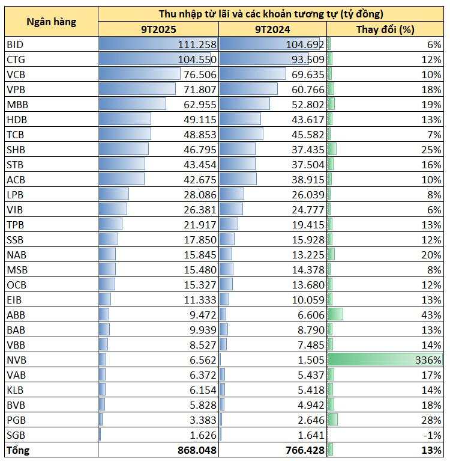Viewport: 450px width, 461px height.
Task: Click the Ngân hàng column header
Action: (51, 22)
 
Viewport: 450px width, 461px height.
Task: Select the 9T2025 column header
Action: (158, 29)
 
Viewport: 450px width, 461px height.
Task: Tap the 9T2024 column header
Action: (272, 29)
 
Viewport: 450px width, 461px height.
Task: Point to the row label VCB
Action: (16, 74)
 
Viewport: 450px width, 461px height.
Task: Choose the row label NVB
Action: (17, 359)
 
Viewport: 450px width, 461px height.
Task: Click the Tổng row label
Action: (18, 450)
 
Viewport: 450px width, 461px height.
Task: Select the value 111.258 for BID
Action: (197, 44)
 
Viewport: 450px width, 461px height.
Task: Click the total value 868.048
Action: (197, 450)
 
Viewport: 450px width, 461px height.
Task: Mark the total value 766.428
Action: (305, 450)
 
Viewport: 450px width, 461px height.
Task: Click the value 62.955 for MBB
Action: (199, 104)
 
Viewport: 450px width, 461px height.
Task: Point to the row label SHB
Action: (16, 149)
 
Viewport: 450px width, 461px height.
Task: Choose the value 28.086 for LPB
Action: (199, 194)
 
